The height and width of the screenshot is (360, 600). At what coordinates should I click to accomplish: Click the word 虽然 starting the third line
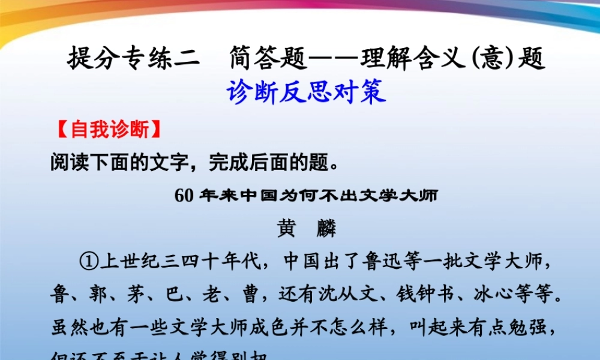(65, 327)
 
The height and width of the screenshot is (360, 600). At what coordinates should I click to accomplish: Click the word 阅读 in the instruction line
(65, 163)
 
